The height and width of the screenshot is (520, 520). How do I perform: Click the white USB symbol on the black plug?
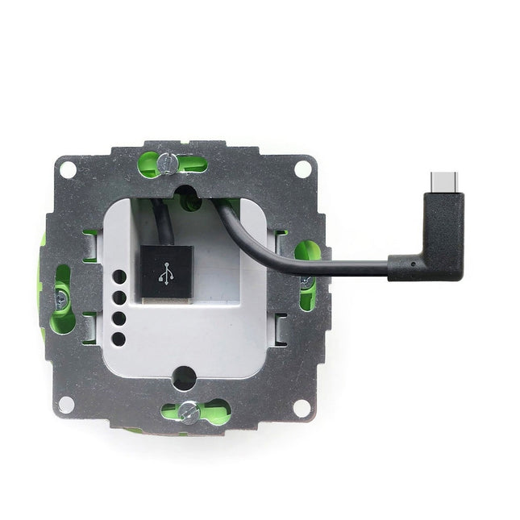166,274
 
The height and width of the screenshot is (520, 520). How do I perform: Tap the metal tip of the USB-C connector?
444,181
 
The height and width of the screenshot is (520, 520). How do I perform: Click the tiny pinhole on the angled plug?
414,264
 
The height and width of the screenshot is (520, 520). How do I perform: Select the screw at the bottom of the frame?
188,412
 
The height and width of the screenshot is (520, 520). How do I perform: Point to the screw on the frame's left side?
60,299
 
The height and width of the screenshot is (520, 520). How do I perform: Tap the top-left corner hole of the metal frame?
69,169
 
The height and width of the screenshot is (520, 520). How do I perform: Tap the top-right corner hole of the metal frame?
302,169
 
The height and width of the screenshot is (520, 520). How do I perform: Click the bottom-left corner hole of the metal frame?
66,404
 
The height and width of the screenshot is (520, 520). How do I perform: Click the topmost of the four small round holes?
119,277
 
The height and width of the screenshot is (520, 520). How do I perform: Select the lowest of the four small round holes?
119,339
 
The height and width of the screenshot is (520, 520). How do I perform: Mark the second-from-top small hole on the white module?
119,297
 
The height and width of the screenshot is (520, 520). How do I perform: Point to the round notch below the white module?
184,376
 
